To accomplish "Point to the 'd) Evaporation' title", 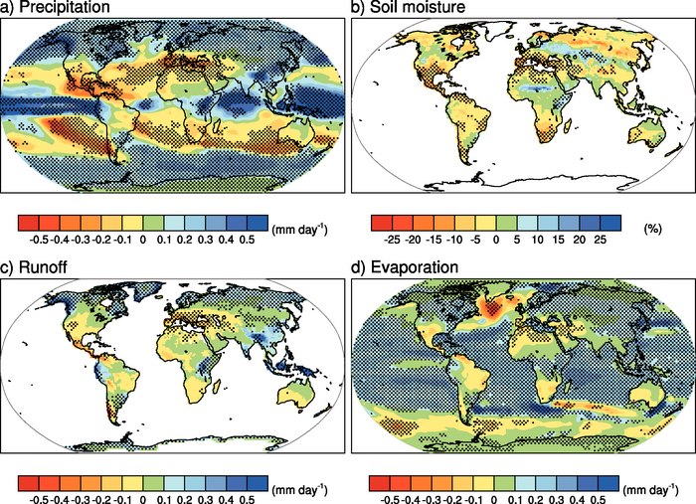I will coord(408,267).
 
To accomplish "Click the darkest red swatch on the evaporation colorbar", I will coord(380,482).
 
